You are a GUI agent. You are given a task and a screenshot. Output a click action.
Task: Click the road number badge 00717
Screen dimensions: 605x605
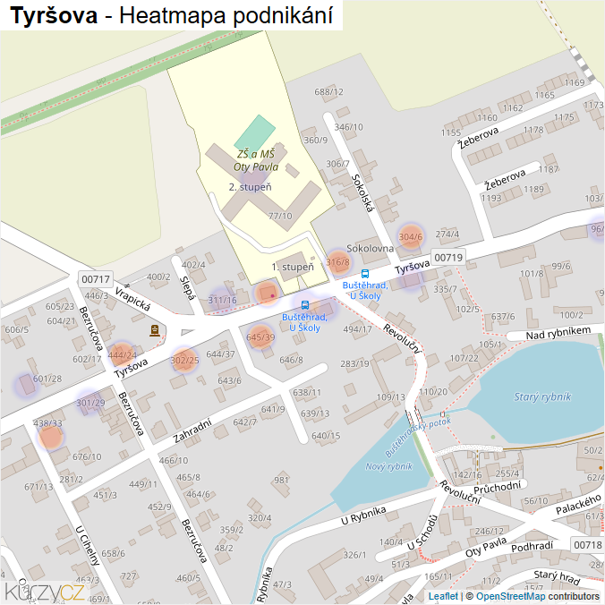[95, 279]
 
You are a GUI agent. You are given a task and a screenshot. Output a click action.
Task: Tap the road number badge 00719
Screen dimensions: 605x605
[448, 258]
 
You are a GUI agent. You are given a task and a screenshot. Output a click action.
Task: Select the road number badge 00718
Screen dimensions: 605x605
[587, 544]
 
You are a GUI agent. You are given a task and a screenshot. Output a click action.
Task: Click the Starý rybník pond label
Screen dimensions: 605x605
[542, 396]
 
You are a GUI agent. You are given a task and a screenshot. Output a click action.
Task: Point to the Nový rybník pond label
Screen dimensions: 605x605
[388, 466]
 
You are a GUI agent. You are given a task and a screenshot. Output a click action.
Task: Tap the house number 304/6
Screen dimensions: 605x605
[410, 237]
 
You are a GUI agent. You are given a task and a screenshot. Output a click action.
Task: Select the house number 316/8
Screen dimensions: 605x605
[337, 262]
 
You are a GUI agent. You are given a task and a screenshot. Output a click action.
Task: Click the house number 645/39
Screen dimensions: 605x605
[260, 337]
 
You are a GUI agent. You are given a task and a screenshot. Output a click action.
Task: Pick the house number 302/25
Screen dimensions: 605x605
[184, 360]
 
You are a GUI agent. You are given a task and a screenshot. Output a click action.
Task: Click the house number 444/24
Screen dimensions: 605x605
[122, 354]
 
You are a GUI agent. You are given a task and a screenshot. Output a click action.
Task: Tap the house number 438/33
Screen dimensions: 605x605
[47, 422]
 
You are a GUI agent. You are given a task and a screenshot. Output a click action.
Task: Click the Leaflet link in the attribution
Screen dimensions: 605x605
[443, 596]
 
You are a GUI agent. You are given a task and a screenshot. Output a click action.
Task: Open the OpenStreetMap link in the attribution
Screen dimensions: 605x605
[510, 596]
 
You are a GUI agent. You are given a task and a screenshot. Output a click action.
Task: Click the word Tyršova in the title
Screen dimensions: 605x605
[54, 15]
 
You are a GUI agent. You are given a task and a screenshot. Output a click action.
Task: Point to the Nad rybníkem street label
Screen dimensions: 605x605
[559, 333]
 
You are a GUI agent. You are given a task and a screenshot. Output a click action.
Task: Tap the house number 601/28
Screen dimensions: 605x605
[47, 379]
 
